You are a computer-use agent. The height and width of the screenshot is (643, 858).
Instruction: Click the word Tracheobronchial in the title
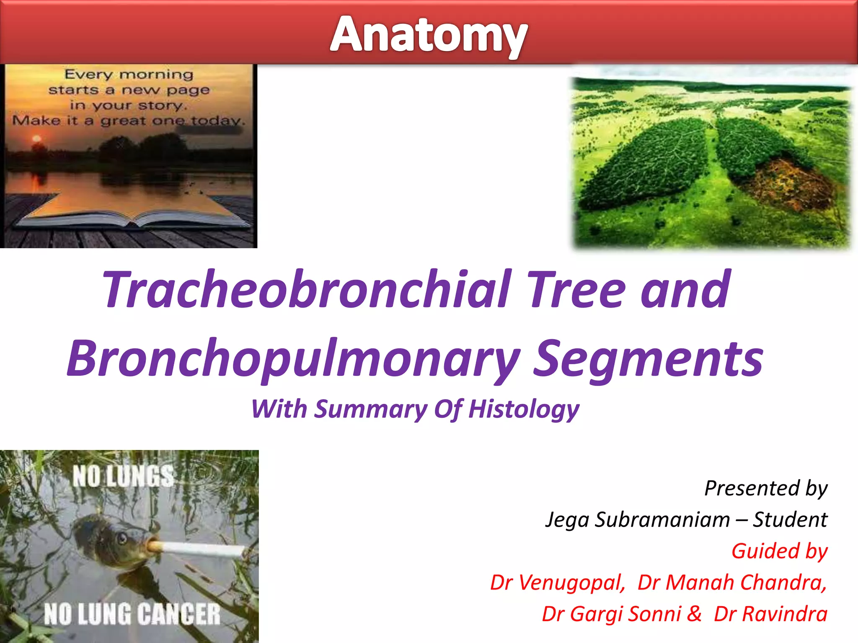click(307, 290)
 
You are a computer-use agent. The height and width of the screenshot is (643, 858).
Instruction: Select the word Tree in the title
click(576, 290)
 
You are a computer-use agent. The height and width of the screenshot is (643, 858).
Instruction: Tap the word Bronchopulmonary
click(293, 358)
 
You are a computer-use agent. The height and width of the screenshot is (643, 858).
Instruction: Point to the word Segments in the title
click(648, 358)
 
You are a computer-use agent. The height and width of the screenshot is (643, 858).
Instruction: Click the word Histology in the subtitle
click(524, 409)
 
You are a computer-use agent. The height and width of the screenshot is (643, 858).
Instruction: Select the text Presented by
click(766, 488)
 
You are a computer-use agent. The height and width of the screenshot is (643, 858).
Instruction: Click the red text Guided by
click(779, 551)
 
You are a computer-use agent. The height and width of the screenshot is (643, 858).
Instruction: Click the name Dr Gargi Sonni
click(612, 614)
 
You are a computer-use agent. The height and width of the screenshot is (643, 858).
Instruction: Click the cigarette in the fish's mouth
click(197, 548)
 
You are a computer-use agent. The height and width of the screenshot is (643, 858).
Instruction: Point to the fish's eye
click(122, 538)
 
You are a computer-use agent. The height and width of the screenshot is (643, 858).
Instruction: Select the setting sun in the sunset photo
click(37, 139)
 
